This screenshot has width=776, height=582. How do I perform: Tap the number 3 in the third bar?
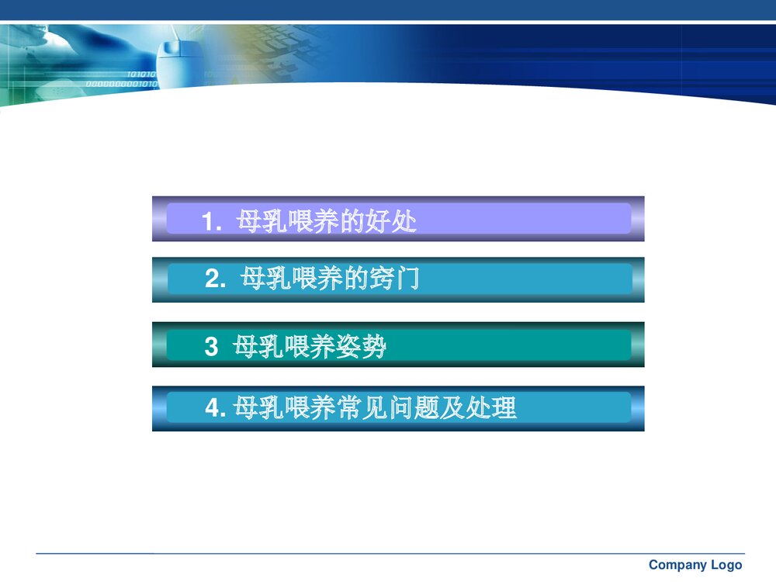211,347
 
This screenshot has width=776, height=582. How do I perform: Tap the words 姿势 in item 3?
361,346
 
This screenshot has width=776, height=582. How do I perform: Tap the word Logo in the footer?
726,565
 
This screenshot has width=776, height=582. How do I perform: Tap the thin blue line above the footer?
388,553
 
